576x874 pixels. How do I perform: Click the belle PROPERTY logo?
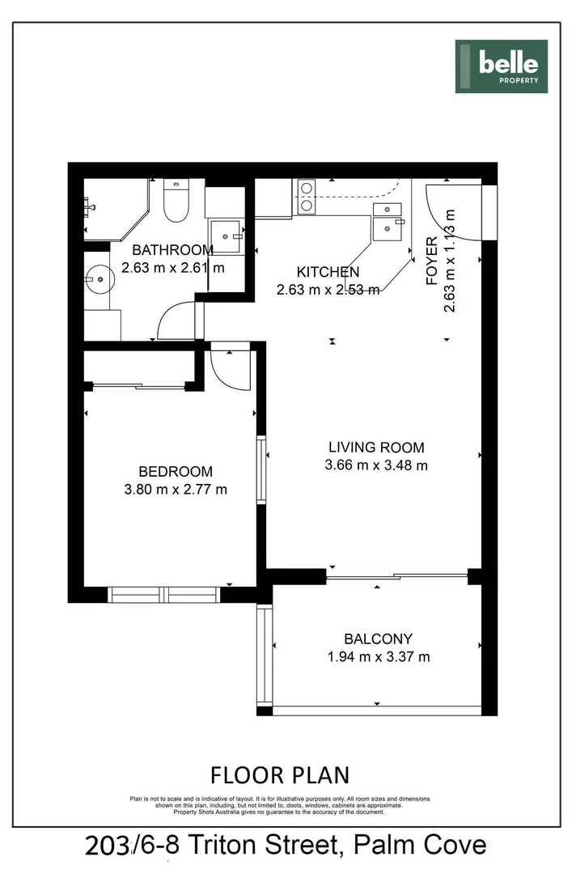tap(501, 66)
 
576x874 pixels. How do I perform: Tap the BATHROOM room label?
tap(172, 250)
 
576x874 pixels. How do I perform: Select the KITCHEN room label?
tap(328, 272)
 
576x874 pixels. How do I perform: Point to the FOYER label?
tap(432, 261)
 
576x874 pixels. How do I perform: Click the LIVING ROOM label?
tap(375, 447)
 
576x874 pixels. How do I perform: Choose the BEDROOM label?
tap(176, 471)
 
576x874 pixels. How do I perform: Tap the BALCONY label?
tap(378, 639)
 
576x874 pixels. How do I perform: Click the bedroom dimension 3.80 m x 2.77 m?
tap(176, 489)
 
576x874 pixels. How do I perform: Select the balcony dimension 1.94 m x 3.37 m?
tap(378, 657)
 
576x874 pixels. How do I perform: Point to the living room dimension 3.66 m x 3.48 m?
tap(375, 465)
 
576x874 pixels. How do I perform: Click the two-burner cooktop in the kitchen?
tap(307, 197)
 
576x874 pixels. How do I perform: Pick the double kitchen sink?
tap(387, 220)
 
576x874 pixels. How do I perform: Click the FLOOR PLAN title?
tap(280, 775)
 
